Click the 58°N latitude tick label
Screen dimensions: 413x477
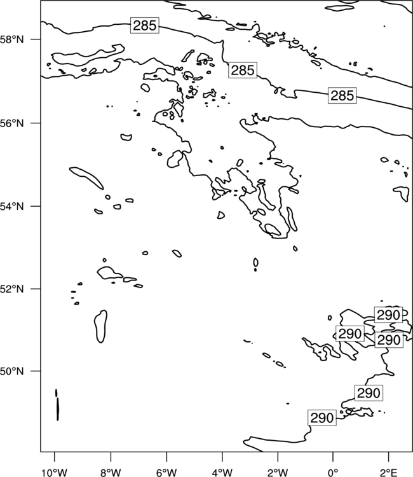[12, 39]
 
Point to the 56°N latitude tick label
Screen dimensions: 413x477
[12, 123]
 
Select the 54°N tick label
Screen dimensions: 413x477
[12, 206]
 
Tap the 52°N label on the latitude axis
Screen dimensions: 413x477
[12, 289]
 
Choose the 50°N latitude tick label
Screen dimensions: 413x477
[12, 371]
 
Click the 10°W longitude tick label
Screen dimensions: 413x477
[55, 473]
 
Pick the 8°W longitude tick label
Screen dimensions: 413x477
[111, 473]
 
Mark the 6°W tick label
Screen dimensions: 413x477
[166, 473]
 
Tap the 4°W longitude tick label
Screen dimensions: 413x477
[222, 473]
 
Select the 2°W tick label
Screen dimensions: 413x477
[278, 473]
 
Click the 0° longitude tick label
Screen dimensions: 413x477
[333, 473]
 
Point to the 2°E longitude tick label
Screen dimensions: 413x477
[388, 473]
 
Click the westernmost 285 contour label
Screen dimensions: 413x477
[145, 25]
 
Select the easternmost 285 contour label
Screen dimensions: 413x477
[342, 95]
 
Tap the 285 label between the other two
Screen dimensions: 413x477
[243, 70]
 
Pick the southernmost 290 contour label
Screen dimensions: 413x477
[322, 418]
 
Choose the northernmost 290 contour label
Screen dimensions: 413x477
[388, 315]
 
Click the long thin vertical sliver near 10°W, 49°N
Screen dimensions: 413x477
[57, 409]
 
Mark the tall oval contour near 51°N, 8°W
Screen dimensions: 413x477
[100, 326]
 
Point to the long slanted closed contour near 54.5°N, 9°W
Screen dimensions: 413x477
[86, 178]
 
